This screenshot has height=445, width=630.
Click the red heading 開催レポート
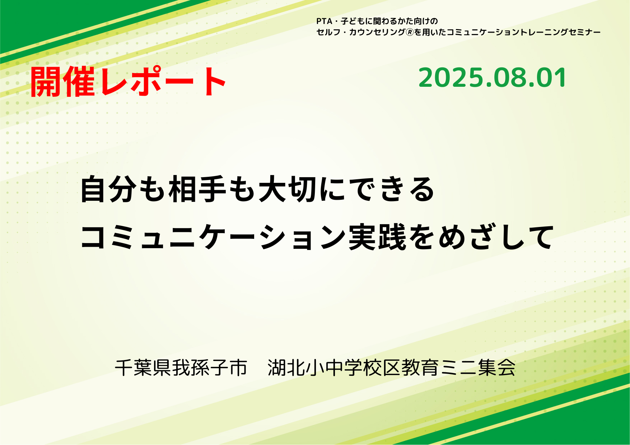pyautogui.click(x=128, y=82)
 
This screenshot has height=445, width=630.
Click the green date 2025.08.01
pyautogui.click(x=493, y=78)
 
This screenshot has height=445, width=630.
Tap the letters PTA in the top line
pyautogui.click(x=325, y=21)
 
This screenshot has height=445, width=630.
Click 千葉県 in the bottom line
pyautogui.click(x=143, y=368)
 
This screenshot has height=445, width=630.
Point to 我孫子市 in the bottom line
pyautogui.click(x=210, y=368)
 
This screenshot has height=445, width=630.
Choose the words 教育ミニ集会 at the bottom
pyautogui.click(x=458, y=368)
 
